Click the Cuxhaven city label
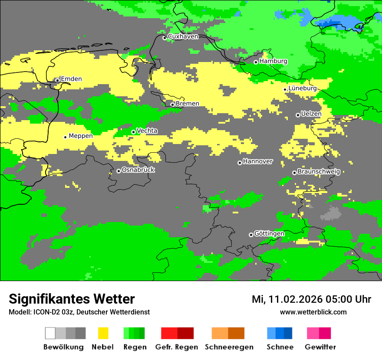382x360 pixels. tap(183, 36)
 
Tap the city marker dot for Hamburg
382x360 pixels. tap(256, 62)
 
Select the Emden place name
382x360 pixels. tap(71, 79)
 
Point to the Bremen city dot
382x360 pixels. tap(172, 105)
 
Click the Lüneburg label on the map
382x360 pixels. tap(303, 88)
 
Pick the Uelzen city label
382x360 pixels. tap(311, 114)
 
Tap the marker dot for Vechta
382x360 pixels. tap(133, 132)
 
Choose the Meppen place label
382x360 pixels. tap(81, 136)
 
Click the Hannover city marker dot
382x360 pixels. tap(240, 163)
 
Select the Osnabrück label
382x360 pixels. tap(138, 170)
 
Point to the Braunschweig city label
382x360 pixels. tap(319, 172)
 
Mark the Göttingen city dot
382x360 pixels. tap(251, 235)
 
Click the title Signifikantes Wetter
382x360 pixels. tap(72, 299)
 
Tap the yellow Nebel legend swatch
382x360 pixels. tap(103, 333)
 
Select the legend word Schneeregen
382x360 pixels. tap(229, 347)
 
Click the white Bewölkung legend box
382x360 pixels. tap(50, 333)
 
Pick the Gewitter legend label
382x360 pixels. tap(320, 347)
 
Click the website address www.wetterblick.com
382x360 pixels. tap(313, 312)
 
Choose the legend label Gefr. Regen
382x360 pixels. tap(177, 347)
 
